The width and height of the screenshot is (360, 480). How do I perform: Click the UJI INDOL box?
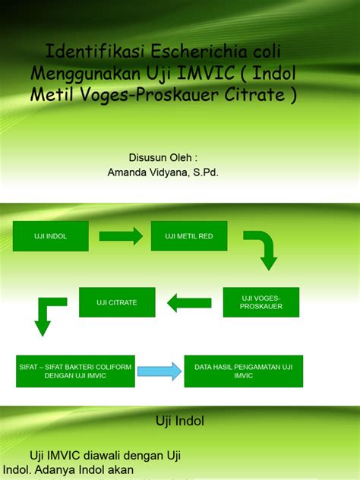click(x=51, y=236)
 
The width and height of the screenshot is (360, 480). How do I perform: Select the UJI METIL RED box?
click(x=189, y=236)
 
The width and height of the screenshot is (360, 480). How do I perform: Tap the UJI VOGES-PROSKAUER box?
click(x=261, y=302)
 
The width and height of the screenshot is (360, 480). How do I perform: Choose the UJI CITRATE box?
click(x=117, y=302)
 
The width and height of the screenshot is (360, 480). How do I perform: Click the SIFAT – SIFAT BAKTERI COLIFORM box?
click(x=76, y=371)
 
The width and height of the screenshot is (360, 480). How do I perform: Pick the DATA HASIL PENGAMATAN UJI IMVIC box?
click(x=244, y=371)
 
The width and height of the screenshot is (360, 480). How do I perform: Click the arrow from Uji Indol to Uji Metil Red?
click(x=121, y=236)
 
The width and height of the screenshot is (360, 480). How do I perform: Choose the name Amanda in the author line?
click(x=128, y=172)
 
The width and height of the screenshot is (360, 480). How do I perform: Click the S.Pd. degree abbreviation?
click(x=204, y=172)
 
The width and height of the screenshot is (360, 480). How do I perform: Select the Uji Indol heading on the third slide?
click(x=180, y=419)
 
